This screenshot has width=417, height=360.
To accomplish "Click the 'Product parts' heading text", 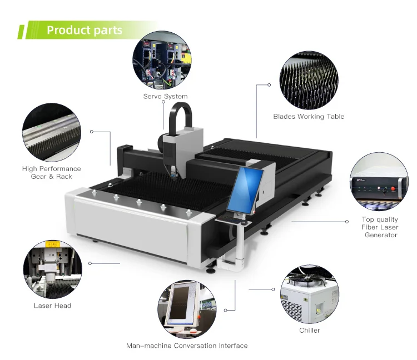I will click(84, 30).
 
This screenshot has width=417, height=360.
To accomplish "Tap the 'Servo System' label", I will click(165, 97).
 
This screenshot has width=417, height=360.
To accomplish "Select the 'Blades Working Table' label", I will click(309, 117).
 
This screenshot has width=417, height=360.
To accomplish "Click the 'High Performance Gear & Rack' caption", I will click(52, 172).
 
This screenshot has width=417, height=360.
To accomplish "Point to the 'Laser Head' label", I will click(52, 306).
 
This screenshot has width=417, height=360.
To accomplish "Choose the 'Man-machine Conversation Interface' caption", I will click(187, 346).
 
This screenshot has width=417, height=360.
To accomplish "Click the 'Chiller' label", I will click(310, 331).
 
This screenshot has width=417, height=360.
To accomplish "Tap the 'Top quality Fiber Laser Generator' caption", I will click(380, 227).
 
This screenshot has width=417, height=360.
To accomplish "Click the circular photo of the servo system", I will click(160, 60).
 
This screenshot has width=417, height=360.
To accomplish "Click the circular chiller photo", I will click(309, 293).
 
